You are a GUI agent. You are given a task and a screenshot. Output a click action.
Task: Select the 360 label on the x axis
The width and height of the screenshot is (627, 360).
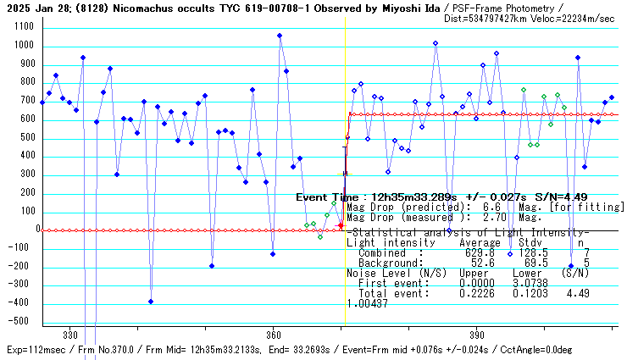[x=273, y=334]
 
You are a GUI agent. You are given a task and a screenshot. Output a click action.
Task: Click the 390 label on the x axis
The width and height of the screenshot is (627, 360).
[x=476, y=334]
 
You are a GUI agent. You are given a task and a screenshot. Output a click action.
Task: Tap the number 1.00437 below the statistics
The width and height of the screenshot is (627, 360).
[x=367, y=303]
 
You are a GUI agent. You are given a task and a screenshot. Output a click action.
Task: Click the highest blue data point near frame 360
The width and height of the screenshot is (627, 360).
[x=280, y=36]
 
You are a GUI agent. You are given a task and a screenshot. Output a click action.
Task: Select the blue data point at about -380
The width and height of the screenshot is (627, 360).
[x=151, y=302]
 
